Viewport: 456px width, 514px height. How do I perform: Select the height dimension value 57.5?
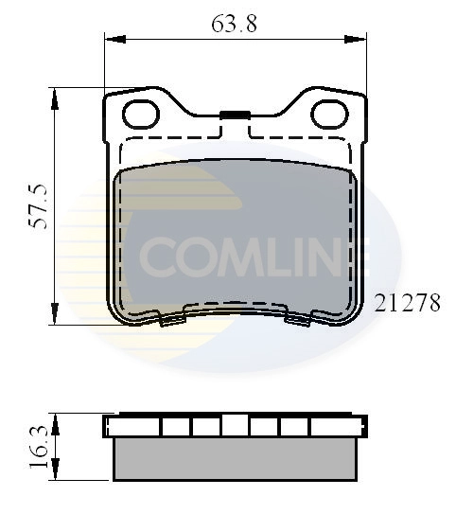click(x=39, y=207)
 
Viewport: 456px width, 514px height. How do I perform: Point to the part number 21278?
click(x=408, y=304)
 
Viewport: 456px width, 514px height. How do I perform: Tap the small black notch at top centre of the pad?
click(x=234, y=115)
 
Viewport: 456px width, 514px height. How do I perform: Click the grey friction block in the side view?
click(x=234, y=458)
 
